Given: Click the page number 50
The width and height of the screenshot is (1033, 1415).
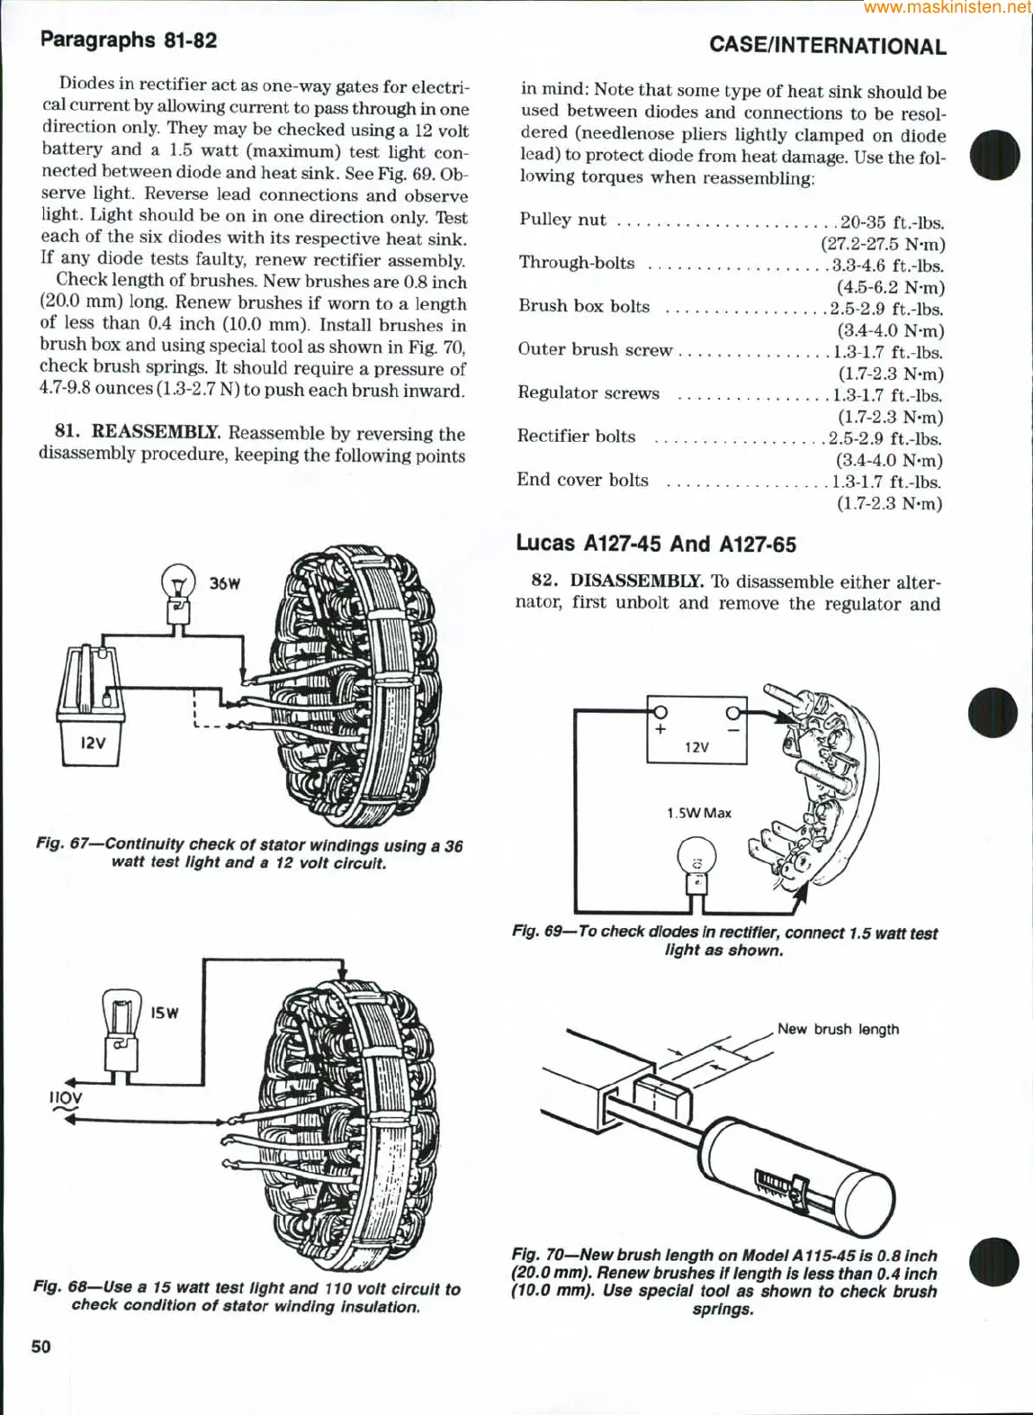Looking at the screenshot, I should click(x=41, y=1347).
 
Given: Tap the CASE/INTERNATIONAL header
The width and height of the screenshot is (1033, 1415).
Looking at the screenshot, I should click(x=827, y=46).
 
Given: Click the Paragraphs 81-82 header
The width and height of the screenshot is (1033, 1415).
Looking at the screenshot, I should click(x=129, y=40).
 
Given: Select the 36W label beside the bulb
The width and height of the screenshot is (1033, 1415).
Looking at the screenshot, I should click(x=224, y=583).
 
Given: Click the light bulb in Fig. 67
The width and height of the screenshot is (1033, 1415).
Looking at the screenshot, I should click(x=178, y=589).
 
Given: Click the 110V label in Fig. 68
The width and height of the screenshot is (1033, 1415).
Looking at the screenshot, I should click(x=66, y=1098).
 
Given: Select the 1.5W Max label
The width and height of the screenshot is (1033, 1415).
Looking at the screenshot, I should click(x=698, y=813).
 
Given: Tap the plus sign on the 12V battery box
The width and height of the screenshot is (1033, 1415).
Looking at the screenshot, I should click(x=660, y=729).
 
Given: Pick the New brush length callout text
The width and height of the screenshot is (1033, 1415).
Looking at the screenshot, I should click(x=838, y=1029).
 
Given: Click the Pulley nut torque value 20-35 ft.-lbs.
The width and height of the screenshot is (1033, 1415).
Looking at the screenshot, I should click(x=891, y=222).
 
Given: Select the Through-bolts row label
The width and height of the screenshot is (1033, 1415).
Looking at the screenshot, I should click(x=576, y=263).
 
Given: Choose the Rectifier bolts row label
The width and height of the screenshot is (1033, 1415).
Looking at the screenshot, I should click(x=576, y=437).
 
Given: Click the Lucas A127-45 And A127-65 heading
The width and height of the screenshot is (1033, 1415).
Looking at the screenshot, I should click(x=656, y=544).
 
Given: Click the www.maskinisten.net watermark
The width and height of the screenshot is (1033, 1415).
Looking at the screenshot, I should click(x=947, y=7).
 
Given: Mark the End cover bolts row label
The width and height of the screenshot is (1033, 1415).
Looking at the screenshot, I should click(x=582, y=480).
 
